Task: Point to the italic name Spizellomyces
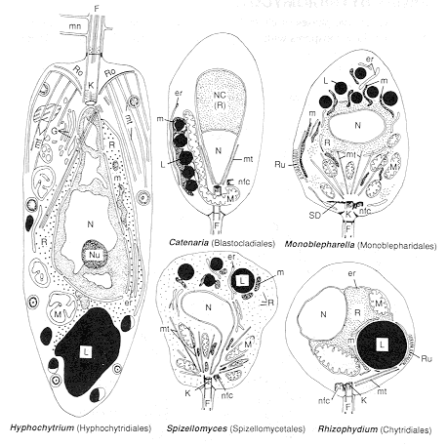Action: (195, 427)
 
